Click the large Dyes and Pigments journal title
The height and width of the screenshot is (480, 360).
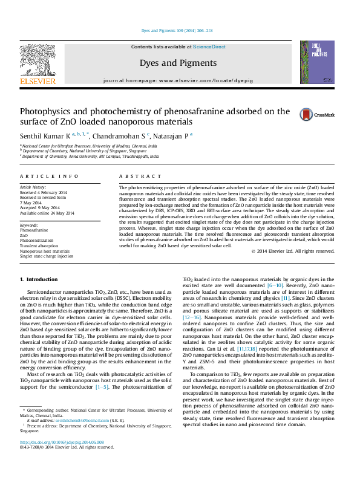(179, 61)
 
